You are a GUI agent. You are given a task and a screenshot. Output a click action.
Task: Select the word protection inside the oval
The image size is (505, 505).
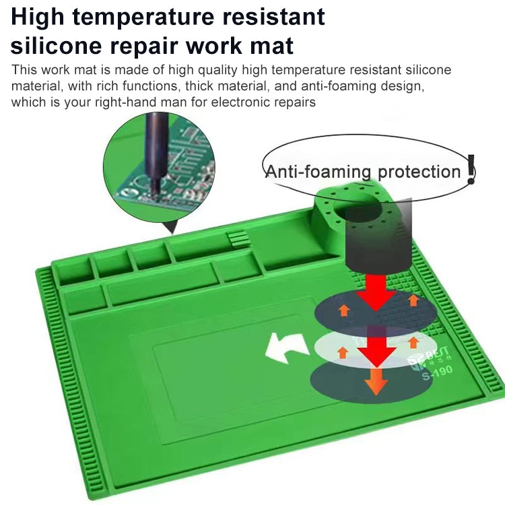419,172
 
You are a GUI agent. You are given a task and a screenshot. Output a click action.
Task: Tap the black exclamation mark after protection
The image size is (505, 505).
471,170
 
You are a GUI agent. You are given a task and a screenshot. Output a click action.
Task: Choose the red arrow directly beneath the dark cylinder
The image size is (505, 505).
376,290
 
